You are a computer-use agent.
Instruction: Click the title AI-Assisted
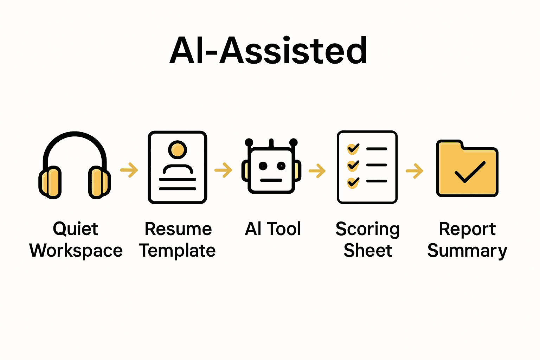pos(269,51)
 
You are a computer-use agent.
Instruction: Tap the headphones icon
pos(75,165)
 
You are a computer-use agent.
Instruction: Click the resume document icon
pos(177,167)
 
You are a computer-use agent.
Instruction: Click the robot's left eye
pos(262,166)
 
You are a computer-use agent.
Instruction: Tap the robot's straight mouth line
pos(271,180)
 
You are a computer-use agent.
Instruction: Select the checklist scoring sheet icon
pos(367,167)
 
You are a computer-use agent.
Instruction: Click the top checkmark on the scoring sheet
pos(353,148)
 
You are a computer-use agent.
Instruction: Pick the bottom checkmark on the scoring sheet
pos(353,182)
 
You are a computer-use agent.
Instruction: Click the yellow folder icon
pos(467,169)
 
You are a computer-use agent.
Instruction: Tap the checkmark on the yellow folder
pos(470,172)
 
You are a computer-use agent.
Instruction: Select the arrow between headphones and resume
pos(129,170)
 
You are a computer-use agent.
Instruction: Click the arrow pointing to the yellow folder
pos(415,171)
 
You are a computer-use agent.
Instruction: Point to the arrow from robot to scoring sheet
pos(317,171)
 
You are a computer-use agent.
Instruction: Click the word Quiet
pos(76,229)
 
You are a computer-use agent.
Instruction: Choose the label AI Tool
pos(273,229)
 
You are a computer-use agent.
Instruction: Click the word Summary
pos(467,251)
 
